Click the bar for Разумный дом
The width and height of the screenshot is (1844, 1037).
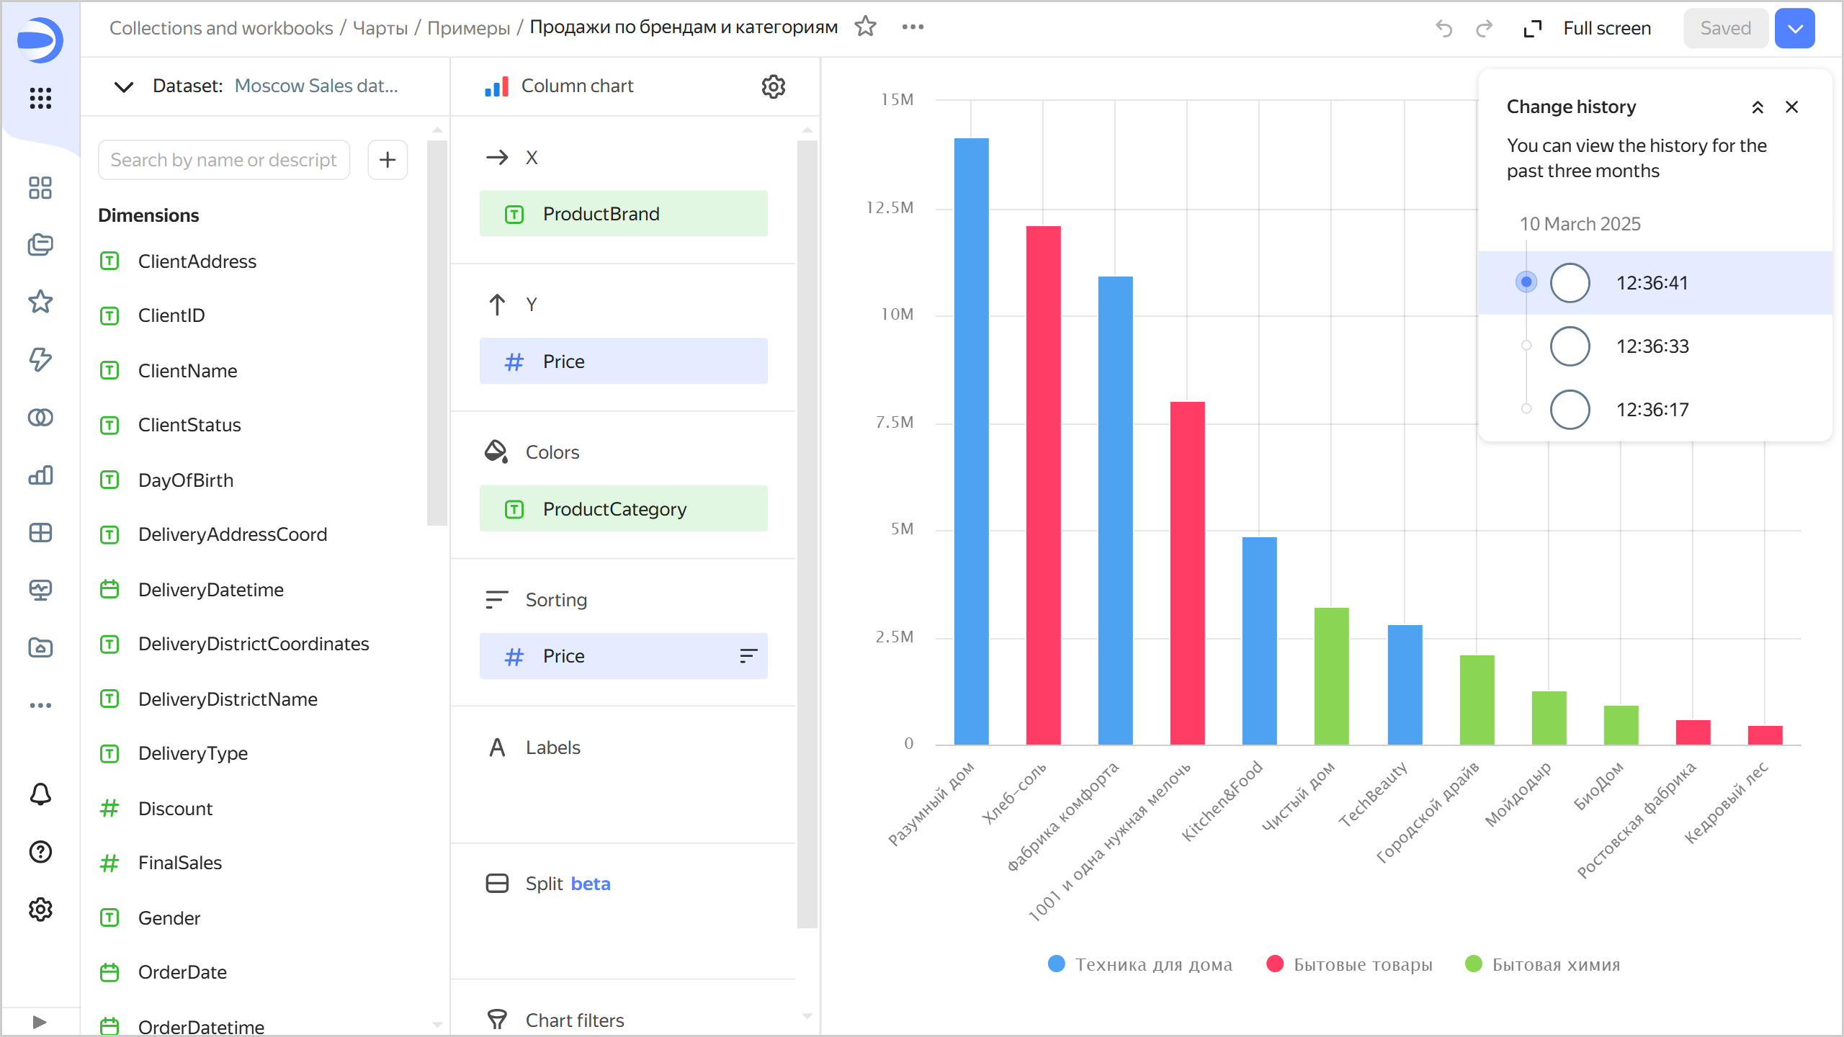pos(971,441)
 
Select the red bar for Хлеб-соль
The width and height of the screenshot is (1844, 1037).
pos(1043,485)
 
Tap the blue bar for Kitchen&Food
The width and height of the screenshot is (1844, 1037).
pos(1259,640)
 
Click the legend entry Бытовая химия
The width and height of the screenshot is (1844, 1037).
pos(1543,964)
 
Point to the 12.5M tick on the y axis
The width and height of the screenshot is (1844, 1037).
pos(890,208)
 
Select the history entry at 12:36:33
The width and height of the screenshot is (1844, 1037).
pos(1652,346)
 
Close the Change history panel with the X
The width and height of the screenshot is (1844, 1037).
pos(1791,107)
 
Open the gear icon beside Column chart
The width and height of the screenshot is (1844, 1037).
pos(773,86)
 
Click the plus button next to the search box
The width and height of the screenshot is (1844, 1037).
pos(388,160)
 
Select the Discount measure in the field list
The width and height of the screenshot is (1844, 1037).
pos(175,809)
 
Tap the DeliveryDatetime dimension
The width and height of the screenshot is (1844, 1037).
pos(210,590)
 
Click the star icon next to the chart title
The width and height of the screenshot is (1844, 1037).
pos(865,27)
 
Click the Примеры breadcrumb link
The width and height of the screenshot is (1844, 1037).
pos(468,28)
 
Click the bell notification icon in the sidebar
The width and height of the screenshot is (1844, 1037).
pos(40,794)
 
